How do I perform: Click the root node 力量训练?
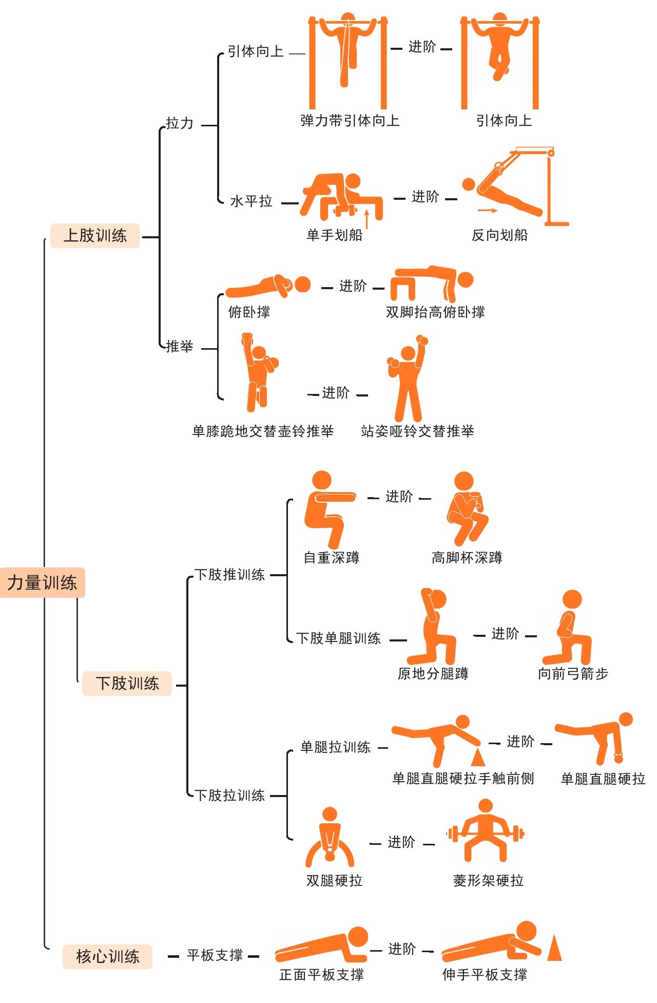point(42,582)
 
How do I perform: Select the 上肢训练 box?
point(95,236)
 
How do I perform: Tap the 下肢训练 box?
point(127,683)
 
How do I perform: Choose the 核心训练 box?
point(107,956)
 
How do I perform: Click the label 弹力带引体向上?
point(350,121)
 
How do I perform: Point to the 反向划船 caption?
point(499,235)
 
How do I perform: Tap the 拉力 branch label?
point(180,123)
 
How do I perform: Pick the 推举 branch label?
point(180,346)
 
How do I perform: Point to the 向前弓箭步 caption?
point(573,673)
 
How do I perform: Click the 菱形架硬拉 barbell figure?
point(485,830)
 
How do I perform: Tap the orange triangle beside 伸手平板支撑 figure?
point(554,948)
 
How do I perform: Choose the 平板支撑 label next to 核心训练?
point(215,955)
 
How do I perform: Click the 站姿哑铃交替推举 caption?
point(417,431)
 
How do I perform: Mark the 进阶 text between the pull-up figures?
point(422,47)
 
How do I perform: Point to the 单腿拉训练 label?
point(335,747)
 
